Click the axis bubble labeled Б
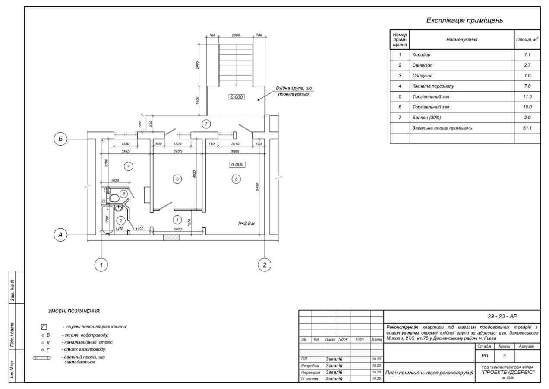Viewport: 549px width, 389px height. click(61, 139)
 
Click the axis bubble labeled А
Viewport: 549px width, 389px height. click(61, 234)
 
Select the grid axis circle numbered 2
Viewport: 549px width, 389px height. click(264, 265)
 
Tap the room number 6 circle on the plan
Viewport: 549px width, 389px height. click(235, 179)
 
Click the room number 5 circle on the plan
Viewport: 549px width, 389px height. click(176, 179)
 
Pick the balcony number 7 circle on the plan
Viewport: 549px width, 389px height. click(206, 124)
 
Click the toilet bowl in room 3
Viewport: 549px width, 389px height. click(114, 199)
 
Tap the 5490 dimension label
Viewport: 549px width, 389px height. click(258, 187)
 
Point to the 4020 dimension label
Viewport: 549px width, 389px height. click(195, 175)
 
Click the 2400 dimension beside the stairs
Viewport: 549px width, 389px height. click(197, 65)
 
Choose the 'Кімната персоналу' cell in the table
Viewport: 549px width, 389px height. click(432, 86)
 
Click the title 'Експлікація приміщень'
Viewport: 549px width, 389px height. click(465, 21)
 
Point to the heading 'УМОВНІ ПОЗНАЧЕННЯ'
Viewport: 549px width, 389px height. click(74, 311)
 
